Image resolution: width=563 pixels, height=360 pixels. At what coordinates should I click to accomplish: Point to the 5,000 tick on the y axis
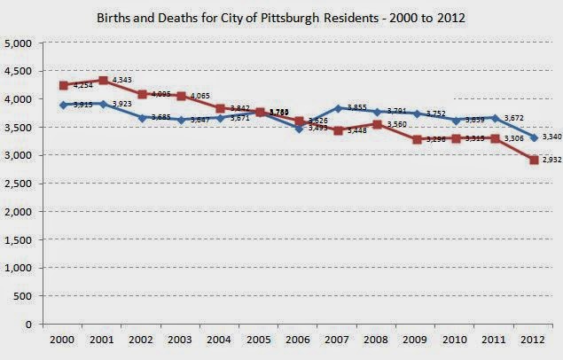19,43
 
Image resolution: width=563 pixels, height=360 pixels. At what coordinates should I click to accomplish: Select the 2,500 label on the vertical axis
19,184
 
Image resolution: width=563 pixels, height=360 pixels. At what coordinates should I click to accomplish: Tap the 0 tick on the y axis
28,325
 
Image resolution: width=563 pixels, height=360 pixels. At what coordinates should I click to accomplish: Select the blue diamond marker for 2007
338,107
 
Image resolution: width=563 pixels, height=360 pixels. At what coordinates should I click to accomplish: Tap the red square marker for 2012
533,160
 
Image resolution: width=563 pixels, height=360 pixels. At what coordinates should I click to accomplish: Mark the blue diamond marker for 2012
533,137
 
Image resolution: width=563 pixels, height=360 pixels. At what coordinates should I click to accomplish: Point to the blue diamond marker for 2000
64,105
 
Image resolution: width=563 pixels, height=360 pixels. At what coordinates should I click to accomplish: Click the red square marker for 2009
416,139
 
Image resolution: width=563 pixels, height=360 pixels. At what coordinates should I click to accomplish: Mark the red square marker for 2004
220,108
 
